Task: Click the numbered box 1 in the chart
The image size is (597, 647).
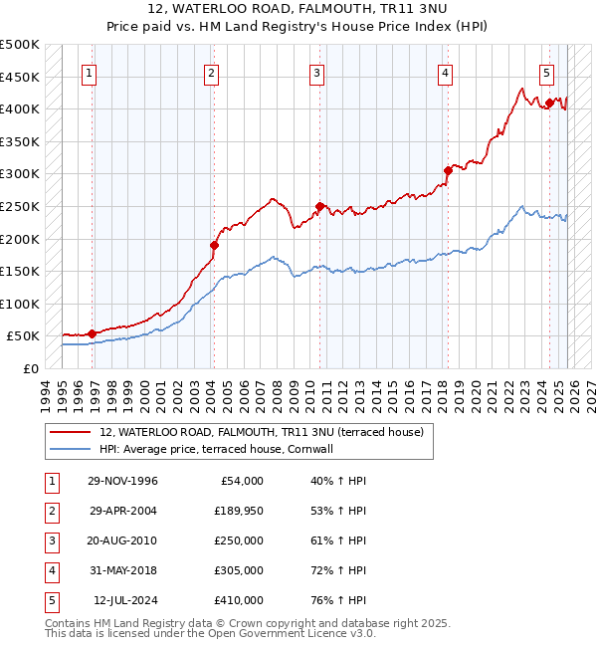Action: tap(90, 73)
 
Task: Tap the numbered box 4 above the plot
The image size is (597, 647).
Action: tap(445, 73)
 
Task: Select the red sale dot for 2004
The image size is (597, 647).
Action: tap(214, 245)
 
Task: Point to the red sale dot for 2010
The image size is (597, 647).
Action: tap(319, 207)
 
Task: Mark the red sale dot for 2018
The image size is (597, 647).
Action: tap(448, 171)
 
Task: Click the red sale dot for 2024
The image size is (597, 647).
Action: tap(549, 103)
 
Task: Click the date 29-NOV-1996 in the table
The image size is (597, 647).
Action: tap(124, 481)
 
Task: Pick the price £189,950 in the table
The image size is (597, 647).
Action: tap(238, 511)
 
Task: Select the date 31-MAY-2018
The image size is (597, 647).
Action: tap(124, 570)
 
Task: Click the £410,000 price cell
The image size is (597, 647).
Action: tap(238, 600)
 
